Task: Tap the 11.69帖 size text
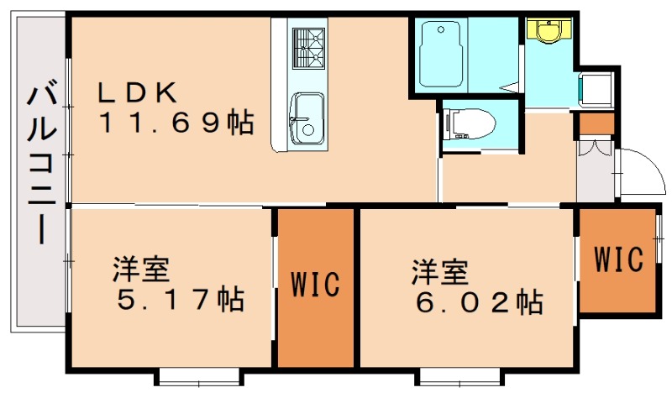pos(177,123)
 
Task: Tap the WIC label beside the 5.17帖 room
pos(316,284)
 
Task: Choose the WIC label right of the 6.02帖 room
pos(618,259)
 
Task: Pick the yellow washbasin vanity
pos(549,31)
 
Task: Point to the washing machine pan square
pos(597,88)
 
